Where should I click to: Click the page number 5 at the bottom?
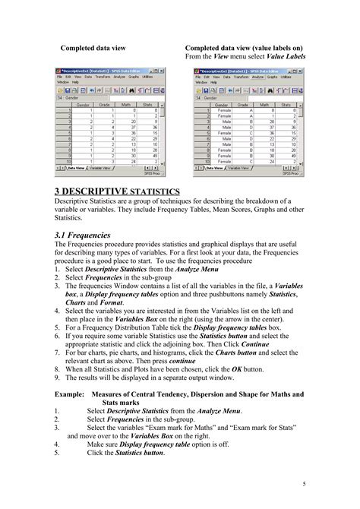[x=304, y=485]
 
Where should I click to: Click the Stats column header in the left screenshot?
[x=153, y=104]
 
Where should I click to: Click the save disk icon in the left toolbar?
[x=68, y=90]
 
